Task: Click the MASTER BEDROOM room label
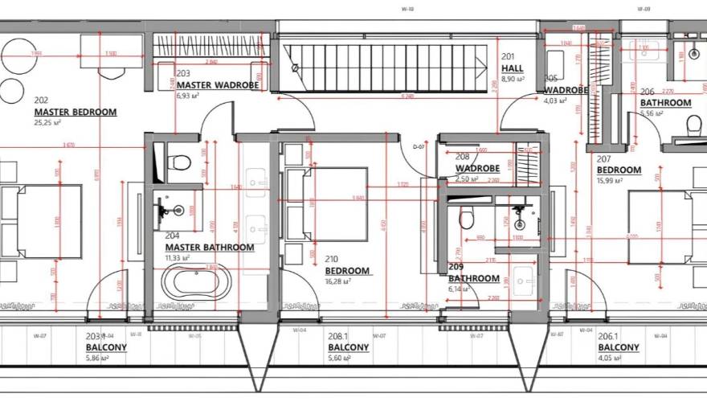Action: [x=75, y=113]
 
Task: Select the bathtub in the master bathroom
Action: [x=197, y=283]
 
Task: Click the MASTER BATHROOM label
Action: [x=209, y=248]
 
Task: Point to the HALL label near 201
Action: [x=513, y=69]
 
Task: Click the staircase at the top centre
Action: [x=386, y=68]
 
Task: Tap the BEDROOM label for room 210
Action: [x=347, y=271]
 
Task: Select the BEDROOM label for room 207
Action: [x=619, y=170]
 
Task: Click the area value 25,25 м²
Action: [x=49, y=124]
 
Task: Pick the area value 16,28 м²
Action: [x=339, y=282]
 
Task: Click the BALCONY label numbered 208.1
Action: [x=348, y=348]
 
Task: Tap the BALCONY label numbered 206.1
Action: [x=619, y=348]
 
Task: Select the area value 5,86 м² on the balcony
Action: [x=97, y=359]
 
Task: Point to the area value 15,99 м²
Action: [x=610, y=181]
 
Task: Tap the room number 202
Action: [x=41, y=100]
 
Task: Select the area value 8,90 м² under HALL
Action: [x=513, y=80]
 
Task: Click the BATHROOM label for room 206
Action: [x=665, y=103]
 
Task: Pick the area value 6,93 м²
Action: [x=187, y=96]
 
